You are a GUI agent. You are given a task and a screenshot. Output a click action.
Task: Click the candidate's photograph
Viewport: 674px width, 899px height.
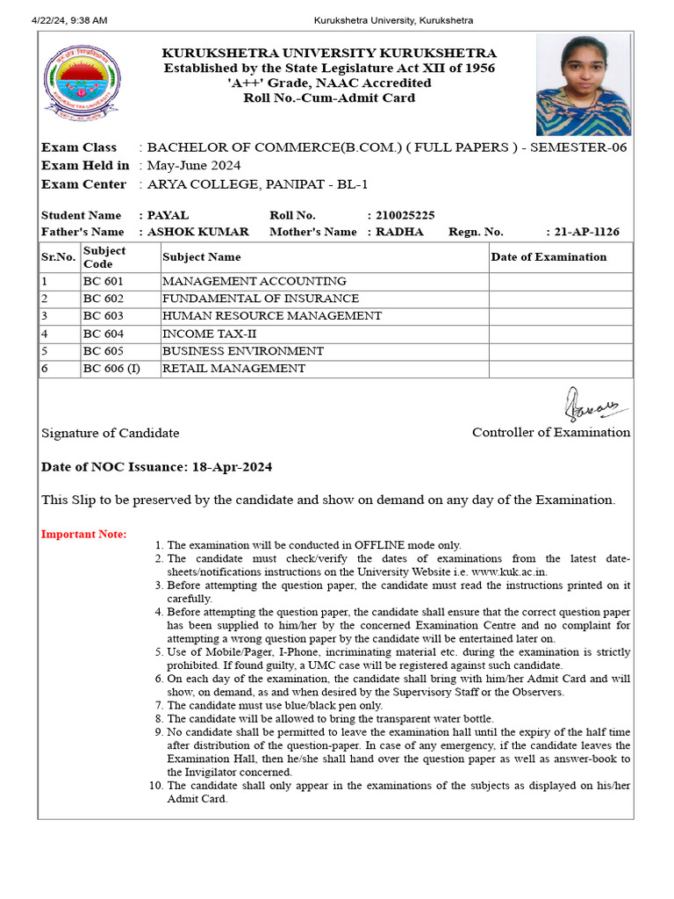click(583, 84)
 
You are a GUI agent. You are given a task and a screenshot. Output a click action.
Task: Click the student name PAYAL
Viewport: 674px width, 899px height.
click(168, 215)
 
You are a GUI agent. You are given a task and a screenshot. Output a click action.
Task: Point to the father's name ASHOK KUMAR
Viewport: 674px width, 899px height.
click(197, 232)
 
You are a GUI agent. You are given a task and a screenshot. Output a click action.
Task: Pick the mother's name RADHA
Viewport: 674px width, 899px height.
click(399, 232)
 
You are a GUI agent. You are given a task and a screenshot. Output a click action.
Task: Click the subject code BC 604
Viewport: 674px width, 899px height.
click(104, 334)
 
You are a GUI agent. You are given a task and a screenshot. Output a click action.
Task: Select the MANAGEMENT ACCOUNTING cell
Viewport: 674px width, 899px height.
click(254, 281)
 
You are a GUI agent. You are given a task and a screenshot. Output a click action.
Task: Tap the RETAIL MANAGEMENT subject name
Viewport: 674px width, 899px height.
click(233, 369)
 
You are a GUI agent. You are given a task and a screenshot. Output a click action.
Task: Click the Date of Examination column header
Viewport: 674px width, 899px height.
click(549, 257)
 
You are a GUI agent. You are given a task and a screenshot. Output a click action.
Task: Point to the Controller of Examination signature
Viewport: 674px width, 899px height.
click(591, 406)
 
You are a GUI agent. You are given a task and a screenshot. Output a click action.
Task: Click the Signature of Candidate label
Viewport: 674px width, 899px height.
click(111, 433)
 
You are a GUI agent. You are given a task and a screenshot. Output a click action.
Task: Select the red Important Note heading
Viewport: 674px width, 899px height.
click(84, 535)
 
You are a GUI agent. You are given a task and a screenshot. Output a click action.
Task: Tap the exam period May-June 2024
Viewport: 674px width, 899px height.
click(194, 165)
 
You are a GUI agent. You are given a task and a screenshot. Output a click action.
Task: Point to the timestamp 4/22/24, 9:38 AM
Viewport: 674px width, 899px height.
click(69, 19)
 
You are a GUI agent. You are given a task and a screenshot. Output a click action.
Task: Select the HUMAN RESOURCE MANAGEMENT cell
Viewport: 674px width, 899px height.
click(272, 316)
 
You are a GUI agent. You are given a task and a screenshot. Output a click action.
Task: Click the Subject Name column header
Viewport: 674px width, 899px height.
click(202, 257)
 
